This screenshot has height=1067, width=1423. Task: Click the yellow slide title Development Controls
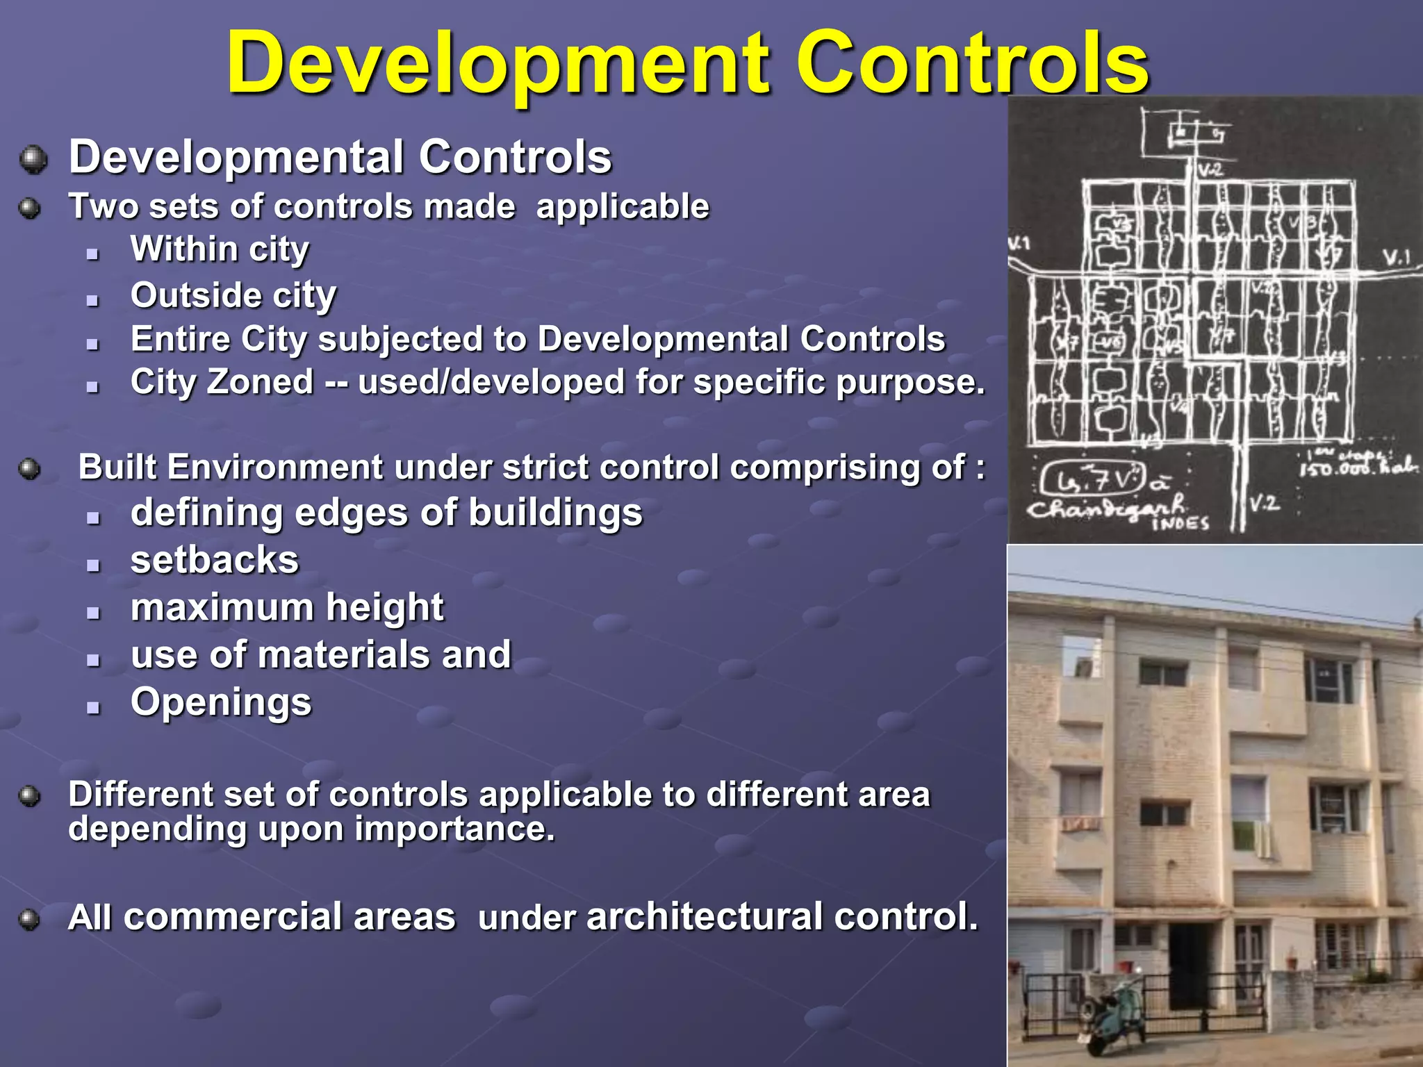tap(688, 64)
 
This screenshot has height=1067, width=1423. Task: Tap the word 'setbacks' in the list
tap(215, 560)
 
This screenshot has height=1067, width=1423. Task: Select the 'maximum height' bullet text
tap(287, 607)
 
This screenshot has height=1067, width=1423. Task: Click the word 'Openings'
tap(221, 702)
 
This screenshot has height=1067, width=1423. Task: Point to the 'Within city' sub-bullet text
tap(220, 249)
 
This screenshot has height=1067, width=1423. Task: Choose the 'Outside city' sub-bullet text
tap(233, 295)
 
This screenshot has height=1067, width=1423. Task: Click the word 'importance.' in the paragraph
tap(455, 829)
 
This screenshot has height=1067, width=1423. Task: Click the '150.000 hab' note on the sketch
tap(1358, 467)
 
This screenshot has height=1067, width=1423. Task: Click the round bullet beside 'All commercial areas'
tap(29, 920)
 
